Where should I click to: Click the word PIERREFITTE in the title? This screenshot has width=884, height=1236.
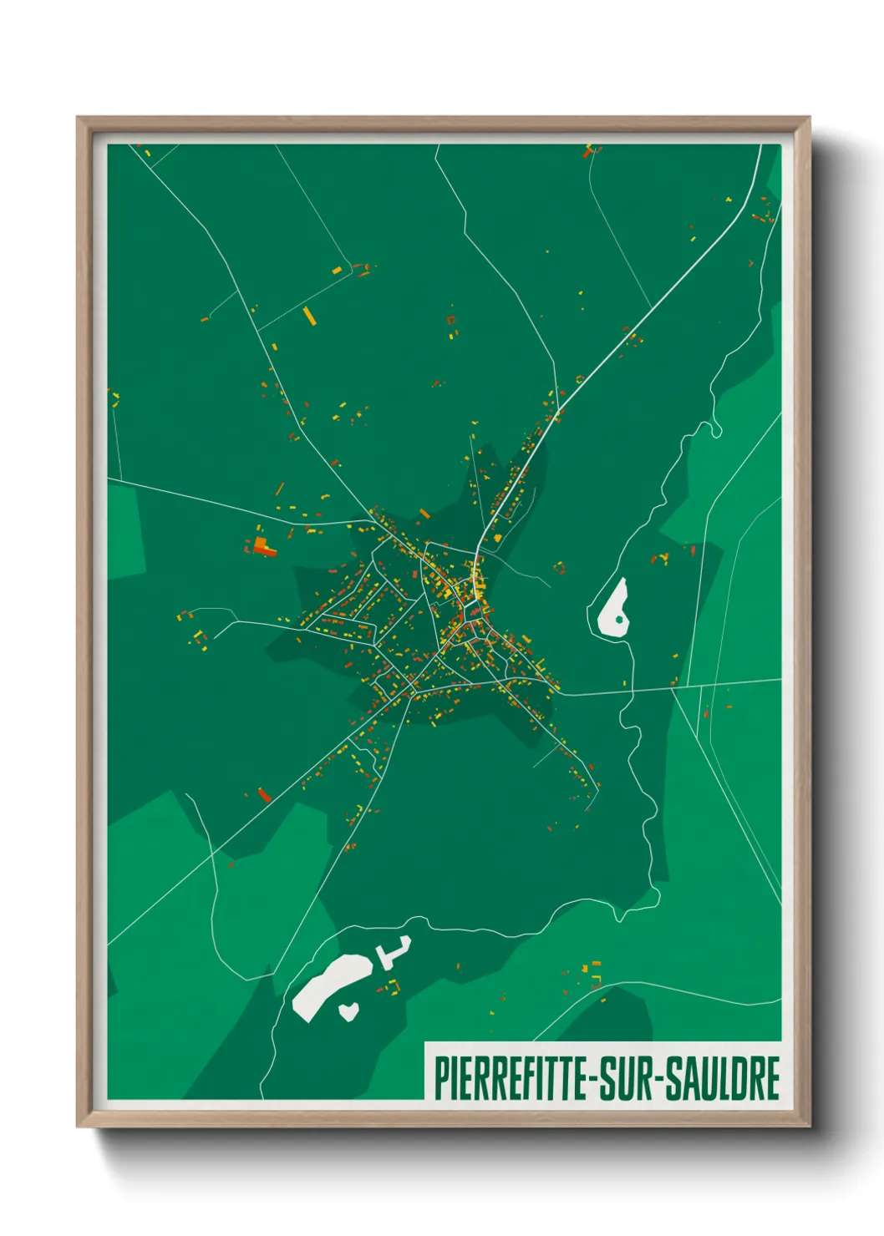511,1078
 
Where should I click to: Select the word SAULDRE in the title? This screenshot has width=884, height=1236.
725,1078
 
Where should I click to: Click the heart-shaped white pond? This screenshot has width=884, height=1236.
348,1011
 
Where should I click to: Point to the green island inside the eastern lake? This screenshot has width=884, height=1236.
619,620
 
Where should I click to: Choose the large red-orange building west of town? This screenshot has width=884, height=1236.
266,548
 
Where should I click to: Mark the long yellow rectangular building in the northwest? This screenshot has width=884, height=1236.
309,316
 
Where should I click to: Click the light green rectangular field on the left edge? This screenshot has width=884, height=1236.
124,531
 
